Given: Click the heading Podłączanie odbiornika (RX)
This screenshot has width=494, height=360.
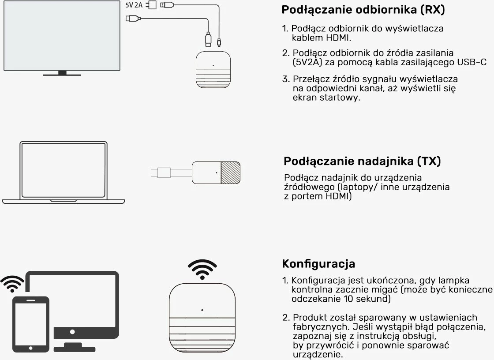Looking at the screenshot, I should [363, 10].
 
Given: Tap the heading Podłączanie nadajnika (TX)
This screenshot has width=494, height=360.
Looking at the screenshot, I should [362, 161].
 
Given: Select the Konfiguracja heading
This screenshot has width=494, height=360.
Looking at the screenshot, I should [318, 264].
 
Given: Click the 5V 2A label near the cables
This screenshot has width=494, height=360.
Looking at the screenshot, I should [134, 5].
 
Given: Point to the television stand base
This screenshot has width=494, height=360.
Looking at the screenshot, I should [62, 74].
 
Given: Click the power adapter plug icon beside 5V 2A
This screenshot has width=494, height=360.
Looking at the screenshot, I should [153, 5].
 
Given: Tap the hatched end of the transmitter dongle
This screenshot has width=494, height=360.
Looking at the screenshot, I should [230, 172].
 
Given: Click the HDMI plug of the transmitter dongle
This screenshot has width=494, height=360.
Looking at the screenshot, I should [157, 172].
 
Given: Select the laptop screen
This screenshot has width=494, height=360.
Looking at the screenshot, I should [63, 170].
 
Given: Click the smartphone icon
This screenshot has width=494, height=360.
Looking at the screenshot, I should [30, 324].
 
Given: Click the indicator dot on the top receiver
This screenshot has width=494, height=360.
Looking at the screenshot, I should [213, 66].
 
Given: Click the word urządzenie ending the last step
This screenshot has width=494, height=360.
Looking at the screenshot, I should [318, 355].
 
